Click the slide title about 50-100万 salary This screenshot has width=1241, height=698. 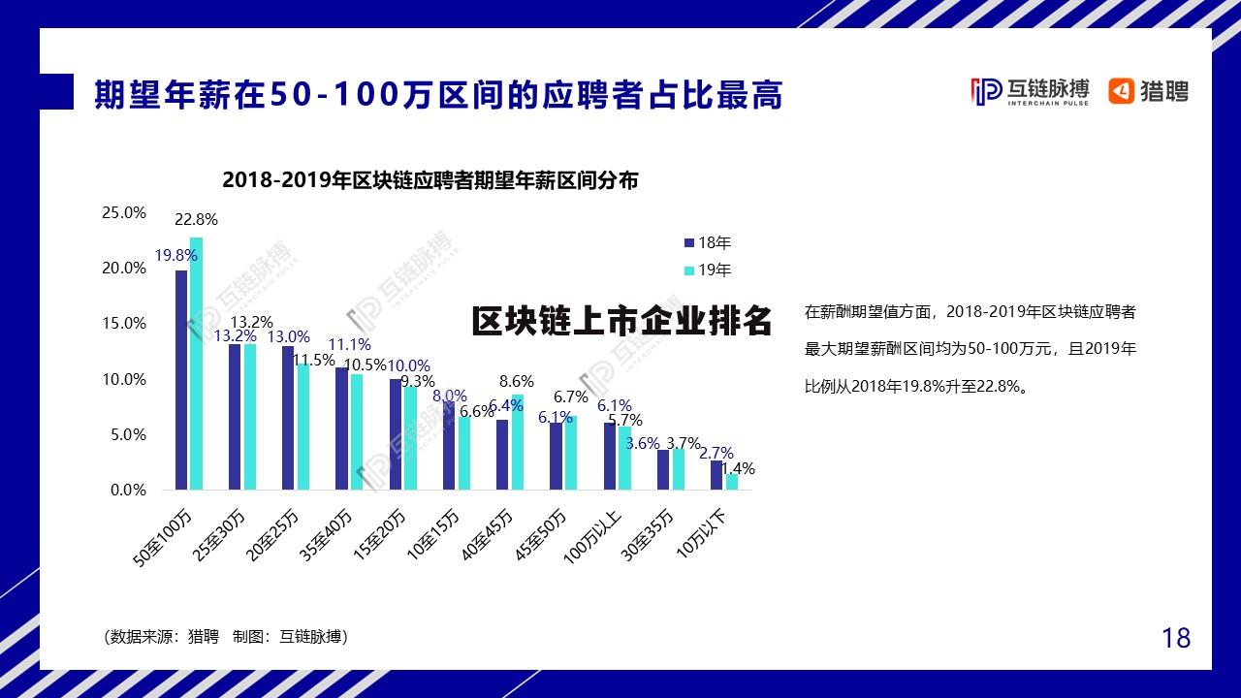coord(438,95)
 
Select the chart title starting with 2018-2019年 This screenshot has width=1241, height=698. coord(430,180)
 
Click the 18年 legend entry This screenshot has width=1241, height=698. coord(708,242)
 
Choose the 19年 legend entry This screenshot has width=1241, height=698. coord(708,270)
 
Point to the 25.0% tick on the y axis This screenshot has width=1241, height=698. coord(124,212)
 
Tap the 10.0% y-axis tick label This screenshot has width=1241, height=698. coord(124,379)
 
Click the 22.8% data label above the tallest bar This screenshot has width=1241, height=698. coord(196,219)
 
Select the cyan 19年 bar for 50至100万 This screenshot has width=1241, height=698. coord(197,364)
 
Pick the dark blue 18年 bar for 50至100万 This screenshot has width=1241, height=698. coord(181,380)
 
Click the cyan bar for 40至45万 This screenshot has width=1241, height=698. coord(518,442)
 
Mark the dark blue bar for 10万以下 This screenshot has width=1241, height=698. coord(716,475)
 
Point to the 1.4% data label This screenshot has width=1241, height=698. coord(738,469)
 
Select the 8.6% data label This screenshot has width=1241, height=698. coord(517,382)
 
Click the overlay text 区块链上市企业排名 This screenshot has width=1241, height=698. coord(621,321)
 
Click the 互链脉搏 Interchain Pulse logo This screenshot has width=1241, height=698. coord(1030,91)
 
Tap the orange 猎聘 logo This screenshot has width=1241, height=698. coord(1149,91)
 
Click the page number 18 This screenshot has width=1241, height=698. coord(1175,638)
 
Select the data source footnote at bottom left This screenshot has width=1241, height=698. coord(225,637)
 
